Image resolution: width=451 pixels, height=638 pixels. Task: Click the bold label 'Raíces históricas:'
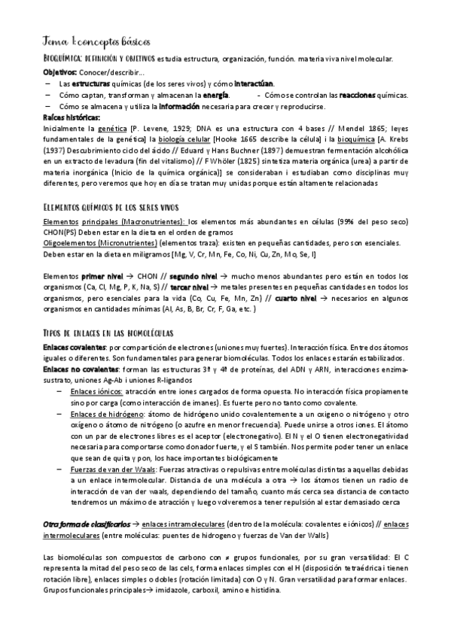click(x=72, y=118)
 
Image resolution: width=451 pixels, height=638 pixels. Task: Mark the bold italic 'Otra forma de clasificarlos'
click(x=87, y=524)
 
